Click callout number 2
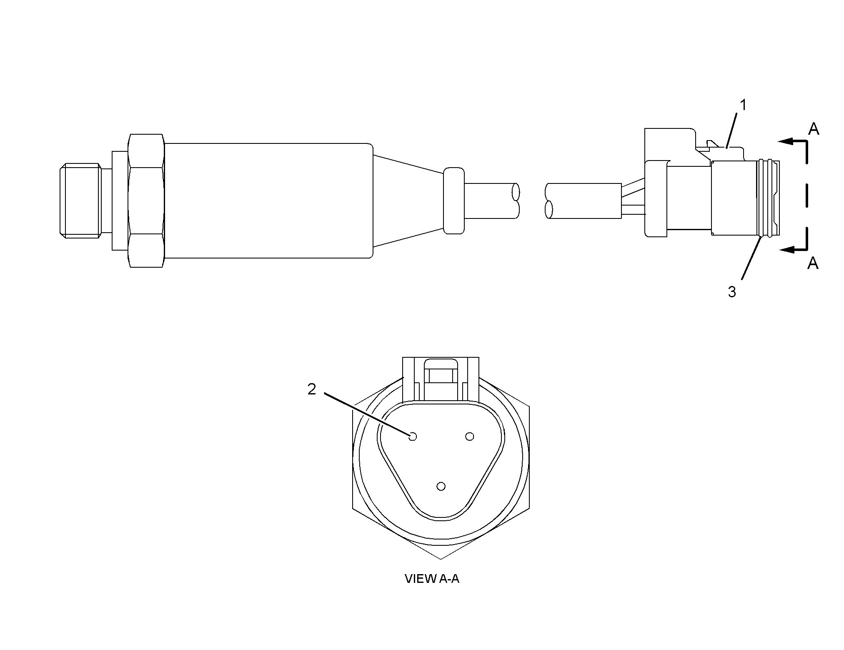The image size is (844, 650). (x=312, y=389)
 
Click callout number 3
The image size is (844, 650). (x=732, y=292)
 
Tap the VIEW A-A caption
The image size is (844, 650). (x=432, y=579)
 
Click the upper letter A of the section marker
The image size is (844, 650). (x=814, y=129)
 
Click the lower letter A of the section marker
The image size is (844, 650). (x=813, y=263)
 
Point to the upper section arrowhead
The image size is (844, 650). (x=786, y=141)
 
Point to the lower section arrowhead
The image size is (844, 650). (x=787, y=250)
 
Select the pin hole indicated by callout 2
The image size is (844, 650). (x=413, y=437)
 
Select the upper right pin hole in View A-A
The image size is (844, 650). (x=470, y=437)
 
